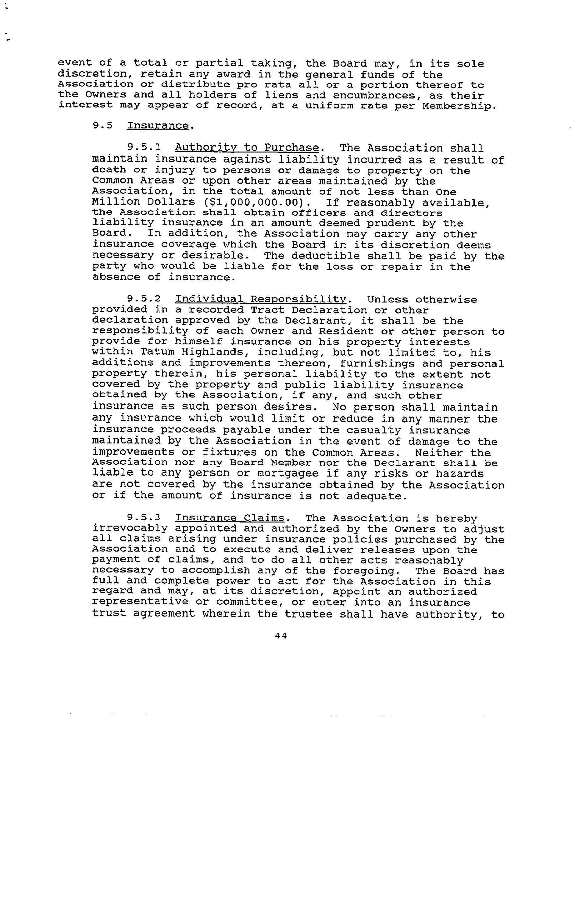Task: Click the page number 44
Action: tap(280, 635)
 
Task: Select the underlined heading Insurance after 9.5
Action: tap(158, 126)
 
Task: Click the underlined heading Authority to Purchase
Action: tap(247, 148)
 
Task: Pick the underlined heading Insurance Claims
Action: tap(230, 518)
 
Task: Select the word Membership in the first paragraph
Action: tap(459, 106)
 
